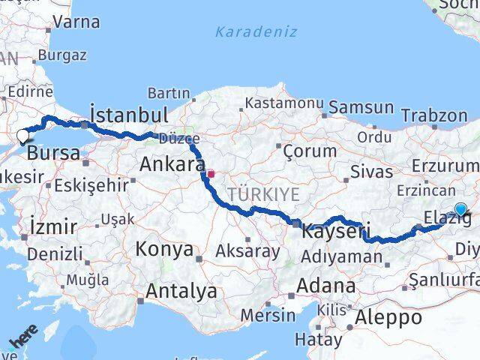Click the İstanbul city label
point(128,115)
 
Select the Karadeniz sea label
point(256,32)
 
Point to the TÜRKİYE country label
point(263,194)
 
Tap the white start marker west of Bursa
point(22,136)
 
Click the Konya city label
point(164,249)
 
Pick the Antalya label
point(181,291)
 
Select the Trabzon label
point(433,115)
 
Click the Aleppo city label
point(389,317)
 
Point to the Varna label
point(76,22)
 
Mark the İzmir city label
point(53,226)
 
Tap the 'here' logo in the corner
point(23,337)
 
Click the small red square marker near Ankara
point(211,173)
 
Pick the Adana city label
point(325,286)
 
